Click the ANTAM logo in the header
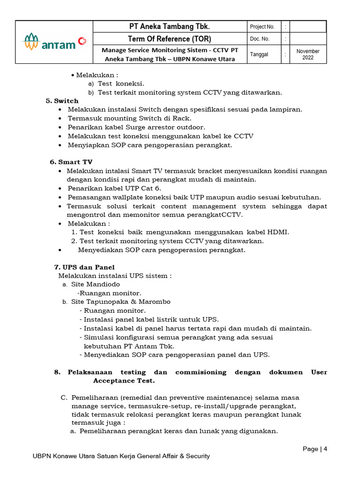tap(54, 42)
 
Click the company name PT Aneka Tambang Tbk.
tap(169, 27)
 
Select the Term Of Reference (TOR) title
tap(169, 38)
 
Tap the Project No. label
tap(262, 27)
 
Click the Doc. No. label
tap(260, 39)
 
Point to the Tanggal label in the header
tap(259, 54)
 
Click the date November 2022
tap(308, 54)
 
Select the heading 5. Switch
tap(62, 101)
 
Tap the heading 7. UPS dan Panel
tap(85, 267)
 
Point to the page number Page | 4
tap(315, 449)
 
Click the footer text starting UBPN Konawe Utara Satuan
tap(121, 456)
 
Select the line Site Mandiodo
tap(95, 285)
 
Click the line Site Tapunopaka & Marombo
tap(120, 302)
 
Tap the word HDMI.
tap(278, 232)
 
